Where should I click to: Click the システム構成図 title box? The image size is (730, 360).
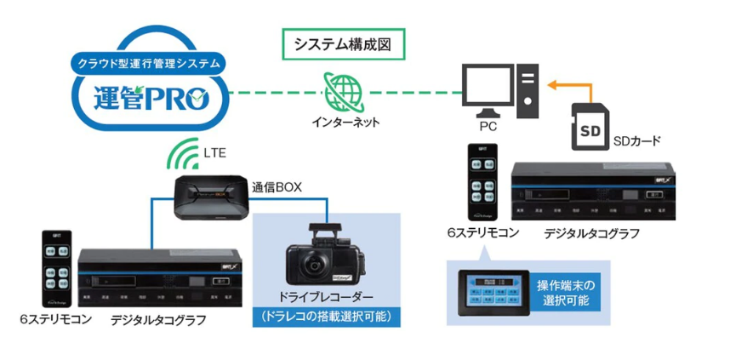342,43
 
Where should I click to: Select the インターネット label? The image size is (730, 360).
345,123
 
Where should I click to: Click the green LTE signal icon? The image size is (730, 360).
180,155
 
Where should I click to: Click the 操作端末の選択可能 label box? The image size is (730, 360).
570,292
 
